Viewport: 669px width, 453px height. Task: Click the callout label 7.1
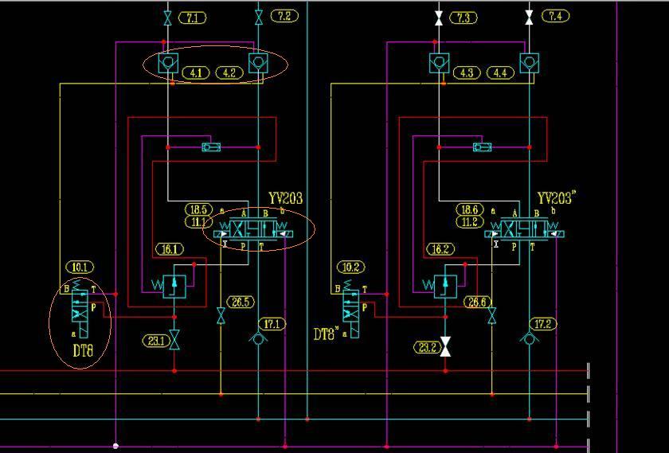194,18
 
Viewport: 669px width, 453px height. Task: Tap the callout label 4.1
196,72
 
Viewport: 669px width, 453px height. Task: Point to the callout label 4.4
500,73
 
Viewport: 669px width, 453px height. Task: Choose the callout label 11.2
468,222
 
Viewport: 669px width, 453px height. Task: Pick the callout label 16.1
170,249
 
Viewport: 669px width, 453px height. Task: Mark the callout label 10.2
351,268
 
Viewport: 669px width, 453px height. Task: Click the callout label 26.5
241,302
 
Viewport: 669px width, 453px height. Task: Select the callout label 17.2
544,324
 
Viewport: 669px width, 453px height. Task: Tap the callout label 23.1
155,341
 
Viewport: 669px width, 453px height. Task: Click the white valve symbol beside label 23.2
445,347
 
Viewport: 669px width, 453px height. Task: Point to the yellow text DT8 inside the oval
84,350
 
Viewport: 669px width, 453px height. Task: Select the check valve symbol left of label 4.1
167,63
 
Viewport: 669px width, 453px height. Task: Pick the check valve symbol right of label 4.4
529,63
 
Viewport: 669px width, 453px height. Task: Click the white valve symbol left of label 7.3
439,17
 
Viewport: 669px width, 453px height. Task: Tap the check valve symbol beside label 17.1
258,338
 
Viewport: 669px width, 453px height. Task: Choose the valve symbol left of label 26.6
491,316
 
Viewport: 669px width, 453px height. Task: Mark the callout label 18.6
468,209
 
